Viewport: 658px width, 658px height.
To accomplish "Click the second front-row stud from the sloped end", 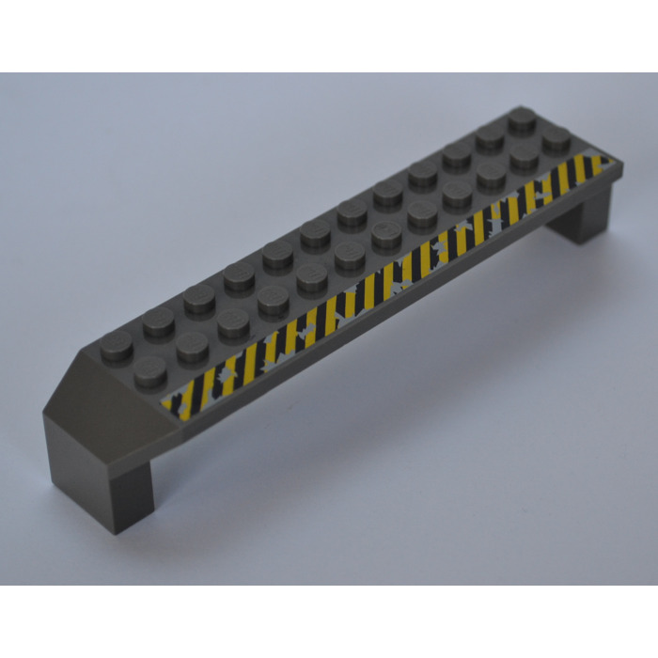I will tap(193, 345).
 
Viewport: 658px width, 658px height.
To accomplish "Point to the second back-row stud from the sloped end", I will tap(159, 320).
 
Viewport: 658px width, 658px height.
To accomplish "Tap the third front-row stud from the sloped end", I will tap(233, 322).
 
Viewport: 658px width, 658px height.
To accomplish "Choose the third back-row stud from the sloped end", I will tap(198, 296).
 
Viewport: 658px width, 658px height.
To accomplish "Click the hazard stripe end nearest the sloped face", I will tap(174, 404).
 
